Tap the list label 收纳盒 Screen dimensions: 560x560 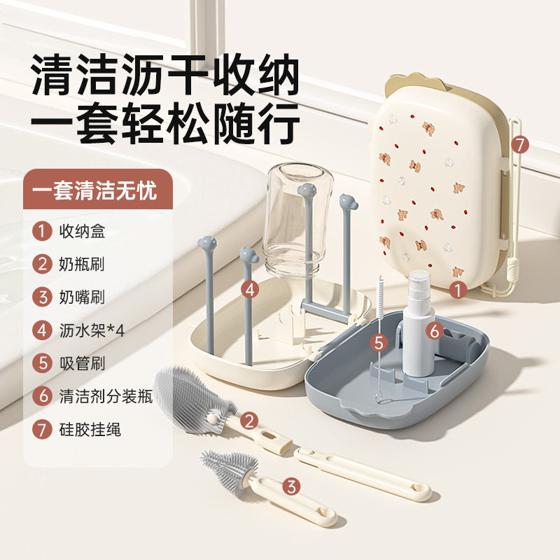(82, 230)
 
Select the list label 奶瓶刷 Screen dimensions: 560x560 (82, 263)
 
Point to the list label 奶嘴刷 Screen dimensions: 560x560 (82, 296)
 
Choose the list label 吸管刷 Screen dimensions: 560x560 (82, 363)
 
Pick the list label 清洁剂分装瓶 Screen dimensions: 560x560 (105, 395)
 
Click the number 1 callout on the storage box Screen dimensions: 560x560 (458, 288)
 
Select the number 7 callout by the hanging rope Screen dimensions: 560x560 (519, 145)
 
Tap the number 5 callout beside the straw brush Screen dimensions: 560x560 (379, 342)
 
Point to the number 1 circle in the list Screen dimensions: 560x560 (43, 230)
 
